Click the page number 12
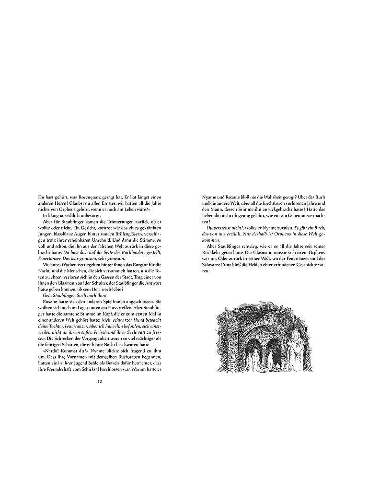pyautogui.click(x=100, y=381)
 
